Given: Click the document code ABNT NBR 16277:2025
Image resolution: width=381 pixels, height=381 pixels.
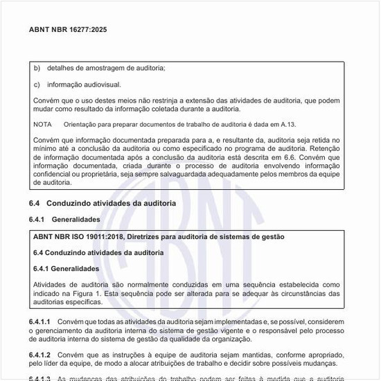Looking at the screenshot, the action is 68,30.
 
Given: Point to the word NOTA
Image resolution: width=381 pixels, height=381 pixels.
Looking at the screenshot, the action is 42,125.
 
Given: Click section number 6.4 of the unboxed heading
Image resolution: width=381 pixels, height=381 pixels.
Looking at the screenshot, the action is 35,203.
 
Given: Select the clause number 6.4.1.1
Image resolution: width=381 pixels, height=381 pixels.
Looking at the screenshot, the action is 41,323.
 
